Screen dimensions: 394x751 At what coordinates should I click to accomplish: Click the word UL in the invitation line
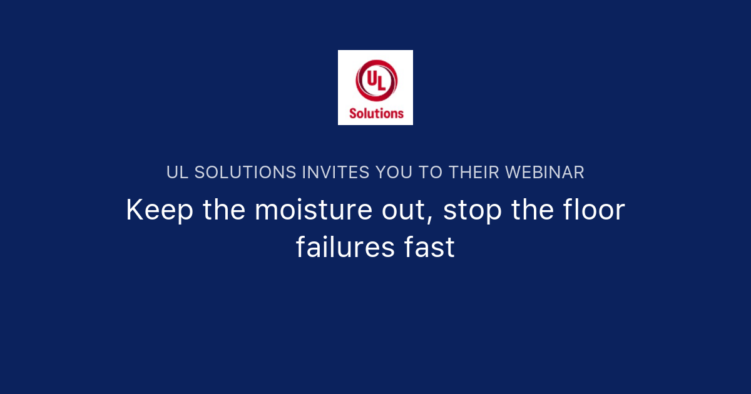177,173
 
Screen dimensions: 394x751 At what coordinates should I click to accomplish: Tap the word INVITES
335,173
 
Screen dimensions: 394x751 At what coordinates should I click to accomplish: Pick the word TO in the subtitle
431,173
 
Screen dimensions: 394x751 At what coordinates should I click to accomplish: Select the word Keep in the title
159,210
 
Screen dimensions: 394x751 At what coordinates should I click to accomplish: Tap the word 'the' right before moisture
224,210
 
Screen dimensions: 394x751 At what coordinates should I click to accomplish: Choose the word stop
472,211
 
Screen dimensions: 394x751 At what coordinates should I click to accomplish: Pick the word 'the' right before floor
533,210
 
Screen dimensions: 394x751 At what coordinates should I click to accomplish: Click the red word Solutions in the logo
376,113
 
